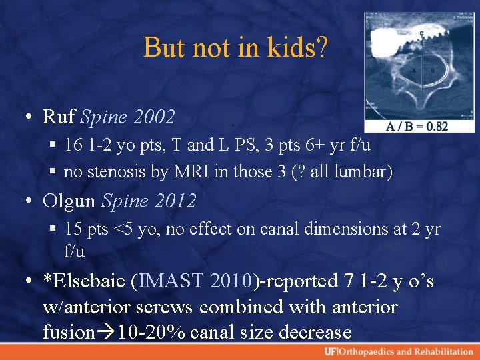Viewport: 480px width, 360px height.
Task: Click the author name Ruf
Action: (x=59, y=117)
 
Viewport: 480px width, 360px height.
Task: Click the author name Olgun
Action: (x=70, y=200)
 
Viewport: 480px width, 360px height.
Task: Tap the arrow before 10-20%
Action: (x=105, y=332)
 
